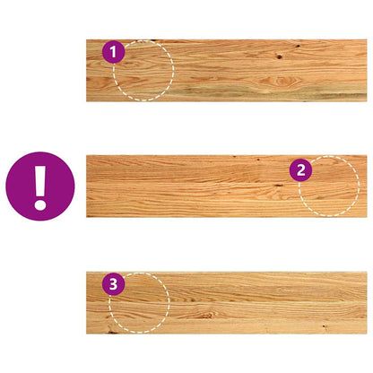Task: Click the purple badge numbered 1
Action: pos(113,52)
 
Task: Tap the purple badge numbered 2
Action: pos(300,170)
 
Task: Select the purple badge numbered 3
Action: pos(113,284)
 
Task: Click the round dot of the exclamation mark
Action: pos(40,205)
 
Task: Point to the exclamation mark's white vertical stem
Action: pos(40,180)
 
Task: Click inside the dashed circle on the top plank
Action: pos(143,71)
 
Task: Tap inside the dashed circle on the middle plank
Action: pos(329,186)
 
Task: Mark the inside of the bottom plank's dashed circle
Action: pos(139,302)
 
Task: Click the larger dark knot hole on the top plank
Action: pos(280,56)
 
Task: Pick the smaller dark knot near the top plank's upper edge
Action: pos(298,46)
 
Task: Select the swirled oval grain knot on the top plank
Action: pos(281,81)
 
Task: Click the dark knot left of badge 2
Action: pos(278,186)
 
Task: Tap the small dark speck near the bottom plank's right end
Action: pos(324,325)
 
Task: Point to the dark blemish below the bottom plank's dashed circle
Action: pos(112,332)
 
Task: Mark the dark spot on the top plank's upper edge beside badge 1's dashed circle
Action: pos(152,40)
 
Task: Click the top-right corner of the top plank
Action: pos(367,39)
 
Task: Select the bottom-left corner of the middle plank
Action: pos(86,217)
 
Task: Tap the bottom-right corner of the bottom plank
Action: pos(367,334)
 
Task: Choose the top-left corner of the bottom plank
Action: pos(86,272)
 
